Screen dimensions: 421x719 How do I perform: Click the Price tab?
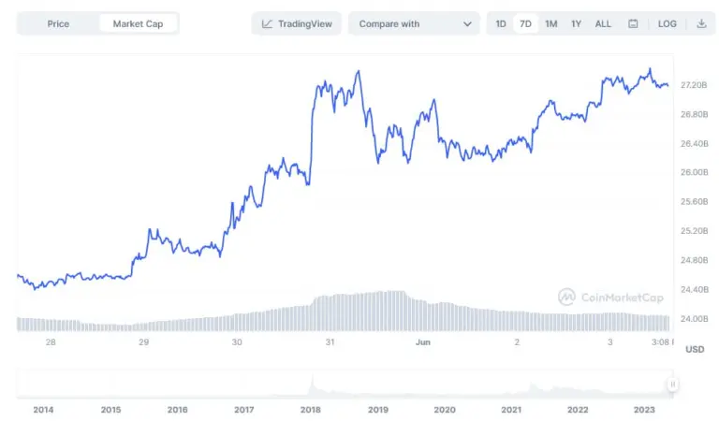pyautogui.click(x=58, y=23)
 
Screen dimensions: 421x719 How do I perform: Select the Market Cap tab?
pyautogui.click(x=138, y=23)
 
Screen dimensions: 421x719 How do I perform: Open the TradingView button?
pyautogui.click(x=297, y=23)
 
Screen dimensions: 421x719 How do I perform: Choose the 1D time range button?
pyautogui.click(x=502, y=23)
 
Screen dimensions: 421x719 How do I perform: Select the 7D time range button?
pyautogui.click(x=526, y=23)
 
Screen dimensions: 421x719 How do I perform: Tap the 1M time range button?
pyautogui.click(x=551, y=23)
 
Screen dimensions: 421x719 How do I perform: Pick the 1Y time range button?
pyautogui.click(x=577, y=23)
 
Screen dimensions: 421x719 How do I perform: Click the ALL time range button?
pyautogui.click(x=603, y=23)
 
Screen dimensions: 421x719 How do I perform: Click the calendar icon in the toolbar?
pyautogui.click(x=634, y=23)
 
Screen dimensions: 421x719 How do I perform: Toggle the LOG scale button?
pyautogui.click(x=668, y=23)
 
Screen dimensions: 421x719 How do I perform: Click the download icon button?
pyautogui.click(x=701, y=23)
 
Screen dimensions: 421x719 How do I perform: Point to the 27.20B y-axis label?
pyautogui.click(x=695, y=85)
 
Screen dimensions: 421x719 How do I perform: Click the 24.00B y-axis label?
pyautogui.click(x=695, y=318)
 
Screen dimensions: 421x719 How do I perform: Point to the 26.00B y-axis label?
pyautogui.click(x=695, y=172)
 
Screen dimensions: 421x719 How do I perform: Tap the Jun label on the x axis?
pyautogui.click(x=422, y=342)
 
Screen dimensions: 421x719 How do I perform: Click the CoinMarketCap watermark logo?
pyautogui.click(x=610, y=298)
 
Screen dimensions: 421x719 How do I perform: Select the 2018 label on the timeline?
pyautogui.click(x=311, y=410)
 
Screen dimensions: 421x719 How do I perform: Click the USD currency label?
pyautogui.click(x=695, y=349)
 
